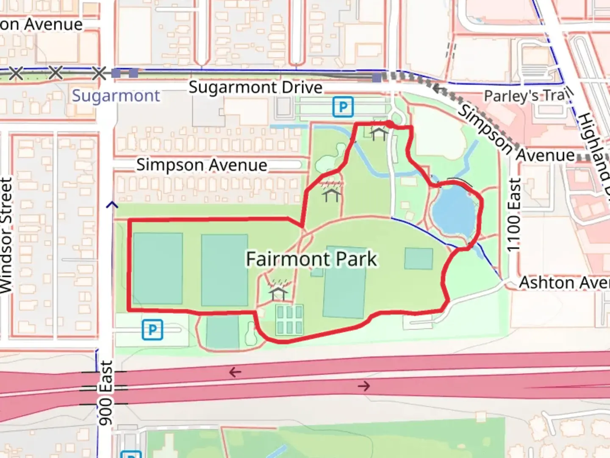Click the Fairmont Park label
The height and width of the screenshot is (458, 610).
[x=311, y=259]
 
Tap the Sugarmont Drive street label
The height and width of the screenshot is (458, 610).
[x=255, y=87]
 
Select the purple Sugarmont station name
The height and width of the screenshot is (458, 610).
[x=116, y=96]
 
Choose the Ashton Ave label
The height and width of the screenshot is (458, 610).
[x=564, y=282]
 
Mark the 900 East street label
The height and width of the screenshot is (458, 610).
[x=106, y=393]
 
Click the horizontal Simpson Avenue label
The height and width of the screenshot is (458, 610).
[x=202, y=165]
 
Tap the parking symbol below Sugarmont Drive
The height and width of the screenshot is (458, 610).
[x=343, y=107]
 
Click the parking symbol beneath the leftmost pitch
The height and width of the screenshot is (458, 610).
[x=152, y=330]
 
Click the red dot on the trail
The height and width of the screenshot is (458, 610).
[x=389, y=124]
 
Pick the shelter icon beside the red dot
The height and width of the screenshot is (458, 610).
[x=378, y=134]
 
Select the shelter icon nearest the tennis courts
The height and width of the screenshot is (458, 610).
[x=278, y=293]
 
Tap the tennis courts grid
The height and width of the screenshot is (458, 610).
[x=289, y=320]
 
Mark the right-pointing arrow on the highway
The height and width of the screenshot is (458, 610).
[x=363, y=386]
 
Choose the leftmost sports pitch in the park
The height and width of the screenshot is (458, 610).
[x=158, y=268]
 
